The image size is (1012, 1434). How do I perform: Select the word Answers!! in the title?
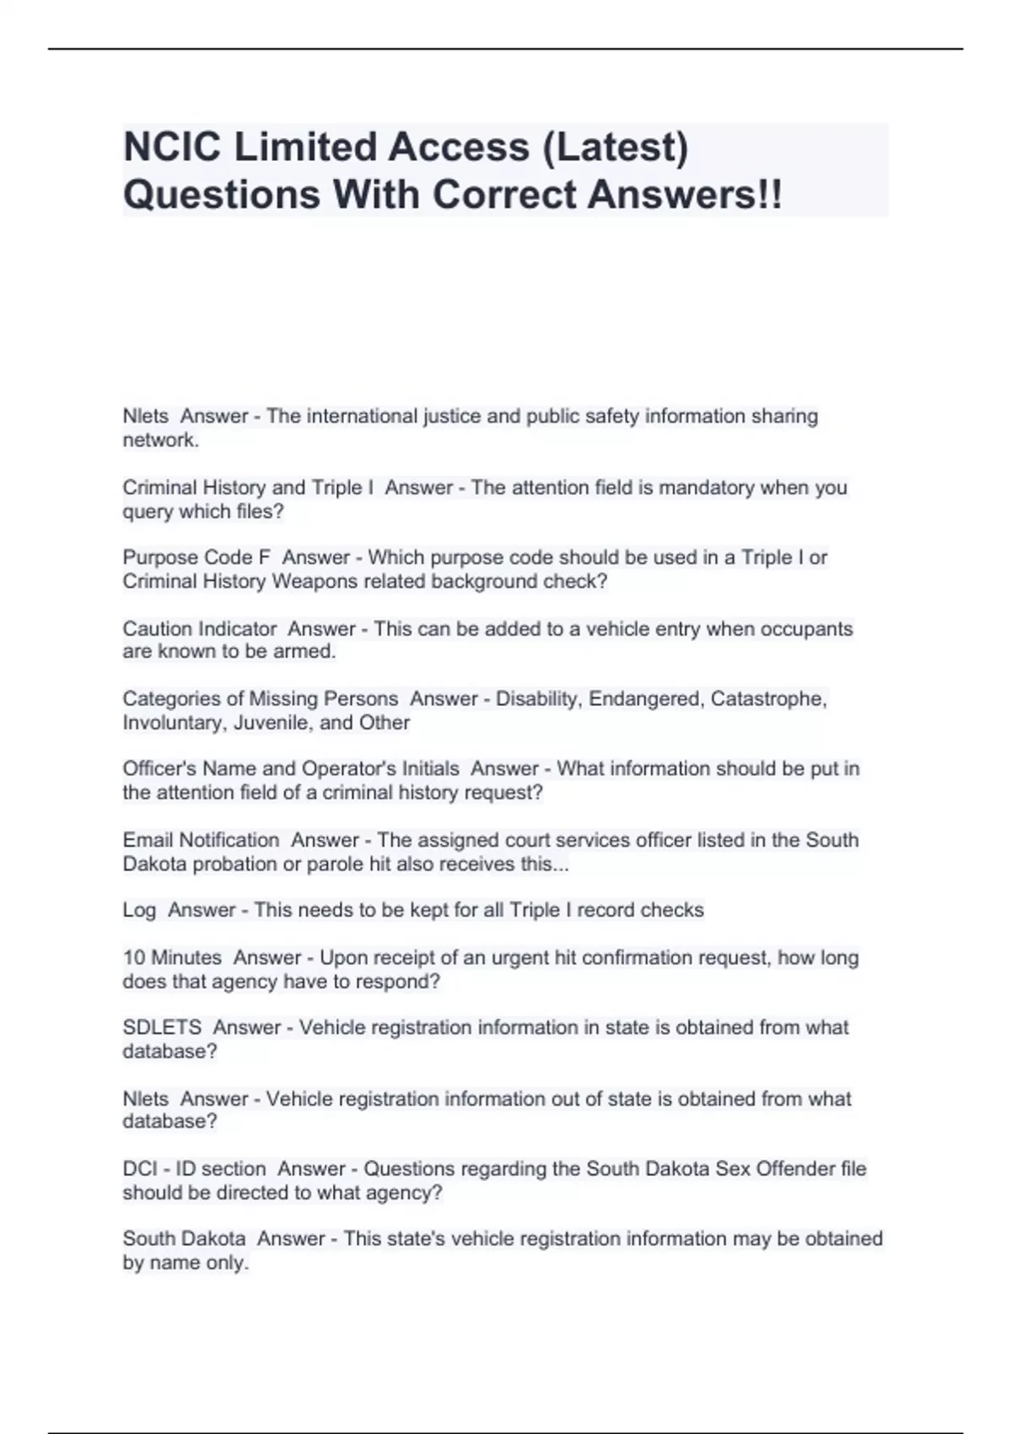click(x=685, y=195)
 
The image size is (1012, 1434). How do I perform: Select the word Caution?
click(x=158, y=629)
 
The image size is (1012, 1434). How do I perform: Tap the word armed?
click(x=310, y=652)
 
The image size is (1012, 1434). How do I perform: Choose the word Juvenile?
click(x=271, y=723)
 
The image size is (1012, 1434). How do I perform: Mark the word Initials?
click(x=426, y=769)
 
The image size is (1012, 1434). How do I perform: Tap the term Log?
click(x=139, y=910)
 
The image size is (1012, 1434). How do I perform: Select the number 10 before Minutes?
click(x=134, y=958)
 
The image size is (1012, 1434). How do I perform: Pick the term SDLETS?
click(x=162, y=1027)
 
